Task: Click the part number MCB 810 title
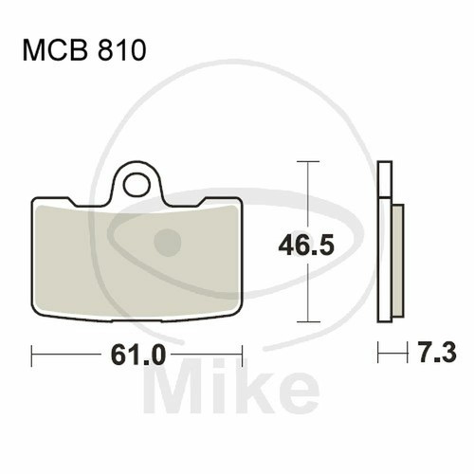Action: [x=84, y=50]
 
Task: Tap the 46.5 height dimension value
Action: [x=306, y=246]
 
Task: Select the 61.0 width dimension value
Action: [x=138, y=355]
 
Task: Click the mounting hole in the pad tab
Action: [x=137, y=185]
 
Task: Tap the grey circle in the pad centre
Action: [x=168, y=243]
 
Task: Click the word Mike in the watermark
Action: [x=231, y=386]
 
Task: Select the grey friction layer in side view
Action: [x=398, y=261]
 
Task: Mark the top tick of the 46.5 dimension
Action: [x=308, y=161]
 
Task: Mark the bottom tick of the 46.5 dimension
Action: [x=308, y=322]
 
